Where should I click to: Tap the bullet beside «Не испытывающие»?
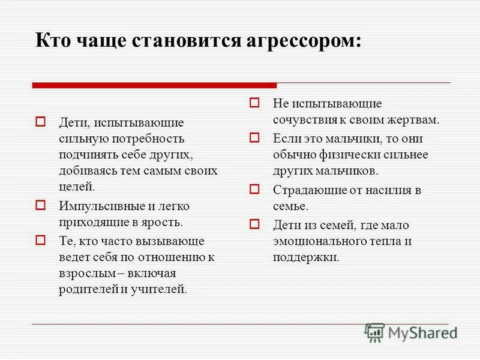click(254, 103)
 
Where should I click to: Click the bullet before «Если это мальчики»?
click(254, 138)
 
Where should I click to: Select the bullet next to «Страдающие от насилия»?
click(254, 190)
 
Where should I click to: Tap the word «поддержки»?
click(306, 258)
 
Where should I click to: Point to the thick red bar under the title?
click(154, 85)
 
